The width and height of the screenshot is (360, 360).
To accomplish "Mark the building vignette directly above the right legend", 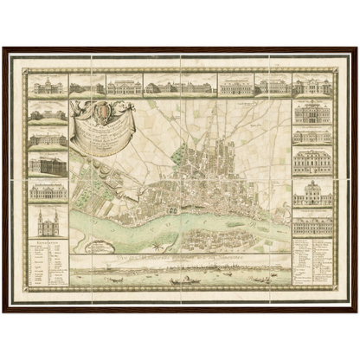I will point(312,227).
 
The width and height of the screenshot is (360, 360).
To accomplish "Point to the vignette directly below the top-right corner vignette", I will point(312,112).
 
